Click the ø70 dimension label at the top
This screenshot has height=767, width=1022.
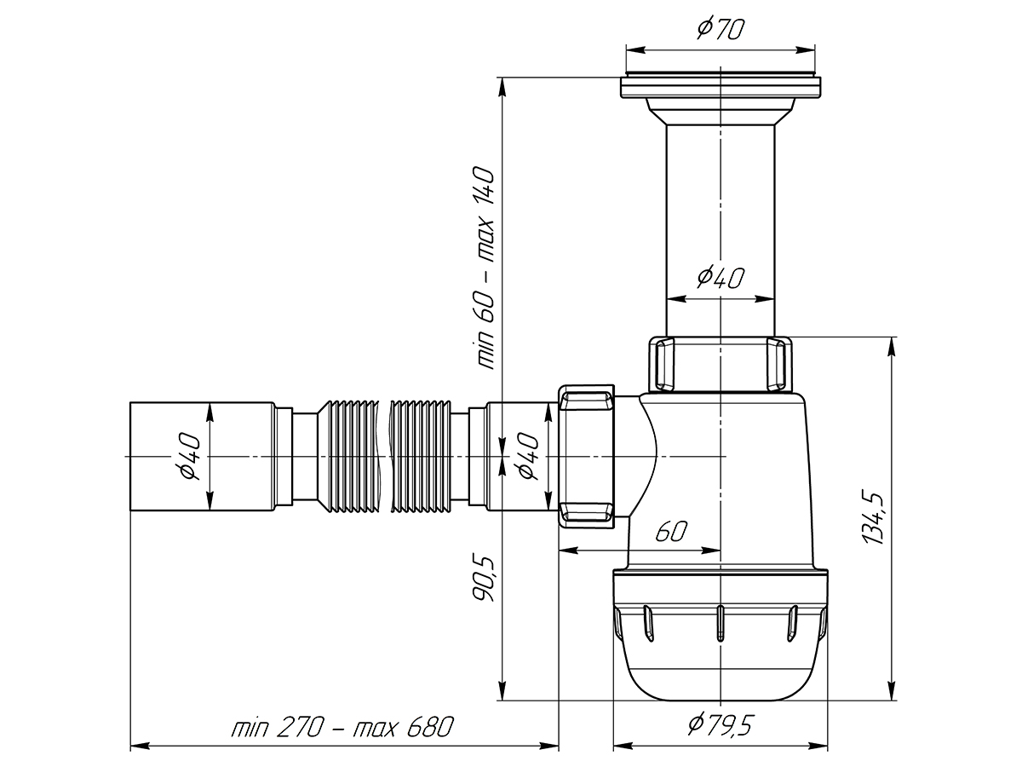click(721, 29)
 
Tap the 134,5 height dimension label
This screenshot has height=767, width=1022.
click(873, 517)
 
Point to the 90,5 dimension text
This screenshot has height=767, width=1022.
click(482, 580)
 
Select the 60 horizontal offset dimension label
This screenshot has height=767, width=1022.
click(671, 530)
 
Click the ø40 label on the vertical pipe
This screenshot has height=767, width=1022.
click(721, 277)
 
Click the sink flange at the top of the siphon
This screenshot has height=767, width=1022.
click(721, 87)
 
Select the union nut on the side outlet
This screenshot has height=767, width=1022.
click(586, 456)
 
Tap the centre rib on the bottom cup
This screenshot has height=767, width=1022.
click(721, 623)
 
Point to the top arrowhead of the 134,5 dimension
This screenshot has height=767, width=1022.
click(891, 347)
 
